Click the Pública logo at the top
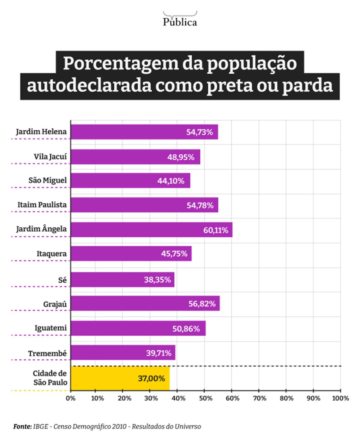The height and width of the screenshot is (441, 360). pyautogui.click(x=180, y=20)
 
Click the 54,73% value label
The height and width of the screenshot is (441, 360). pyautogui.click(x=199, y=132)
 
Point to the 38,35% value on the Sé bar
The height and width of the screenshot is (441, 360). pyautogui.click(x=157, y=280)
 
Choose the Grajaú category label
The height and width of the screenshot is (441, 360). pyautogui.click(x=55, y=304)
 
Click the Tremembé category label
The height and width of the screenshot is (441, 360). pyautogui.click(x=47, y=353)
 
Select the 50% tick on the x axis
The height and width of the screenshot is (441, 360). pyautogui.click(x=206, y=398)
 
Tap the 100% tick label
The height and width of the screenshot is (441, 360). pyautogui.click(x=340, y=398)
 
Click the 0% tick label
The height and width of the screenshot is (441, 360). pyautogui.click(x=71, y=398)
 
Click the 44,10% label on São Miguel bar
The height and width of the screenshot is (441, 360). pyautogui.click(x=171, y=181)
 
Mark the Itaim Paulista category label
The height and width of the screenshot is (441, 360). pyautogui.click(x=42, y=205)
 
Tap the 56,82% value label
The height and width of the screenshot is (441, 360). pyautogui.click(x=202, y=304)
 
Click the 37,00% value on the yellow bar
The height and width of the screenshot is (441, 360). pyautogui.click(x=151, y=378)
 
